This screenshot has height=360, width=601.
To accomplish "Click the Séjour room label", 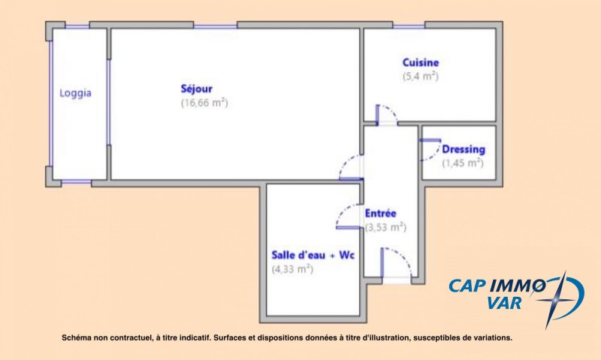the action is coord(196,89).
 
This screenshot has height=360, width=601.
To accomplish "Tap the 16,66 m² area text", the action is coord(204,103).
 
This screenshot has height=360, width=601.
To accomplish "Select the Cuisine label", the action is coord(421,62).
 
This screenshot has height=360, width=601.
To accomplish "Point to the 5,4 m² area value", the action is coord(421,77).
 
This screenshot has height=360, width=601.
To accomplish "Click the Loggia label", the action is coord(75,93).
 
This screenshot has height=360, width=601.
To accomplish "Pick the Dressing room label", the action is coord(464,149).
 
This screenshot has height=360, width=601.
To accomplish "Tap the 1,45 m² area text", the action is coord(463,163).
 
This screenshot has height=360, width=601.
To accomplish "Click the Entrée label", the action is coord(380,213).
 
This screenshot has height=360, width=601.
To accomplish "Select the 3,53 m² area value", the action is coord(385,227).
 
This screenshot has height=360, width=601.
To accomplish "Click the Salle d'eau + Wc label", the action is coord(313,255).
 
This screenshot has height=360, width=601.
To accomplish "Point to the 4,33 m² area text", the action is coord(292,269).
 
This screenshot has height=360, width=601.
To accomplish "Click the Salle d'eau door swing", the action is coord(348,216).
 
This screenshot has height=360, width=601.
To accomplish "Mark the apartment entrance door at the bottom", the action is coord(397,265).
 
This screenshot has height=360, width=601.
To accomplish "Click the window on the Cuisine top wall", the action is coord(409,26).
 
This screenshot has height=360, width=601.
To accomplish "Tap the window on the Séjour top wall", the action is coord(215,26).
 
